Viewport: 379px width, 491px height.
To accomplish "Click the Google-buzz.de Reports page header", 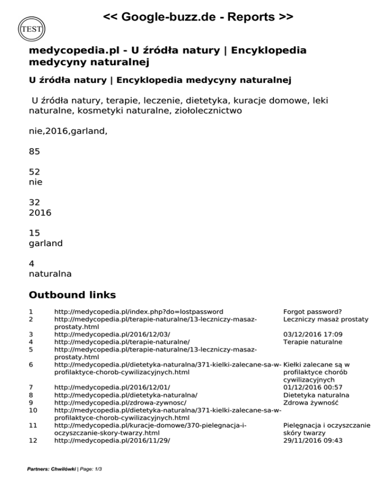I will pos(198,18).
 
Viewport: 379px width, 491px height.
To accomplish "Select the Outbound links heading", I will pos(72,295).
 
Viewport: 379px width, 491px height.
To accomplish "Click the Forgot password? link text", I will pos(313,312).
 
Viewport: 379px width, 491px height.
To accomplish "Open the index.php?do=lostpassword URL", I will pos(138,312).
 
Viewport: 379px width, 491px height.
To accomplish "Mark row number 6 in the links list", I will pos(31,365).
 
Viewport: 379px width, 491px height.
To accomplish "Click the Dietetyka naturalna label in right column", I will pos(316,395).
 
